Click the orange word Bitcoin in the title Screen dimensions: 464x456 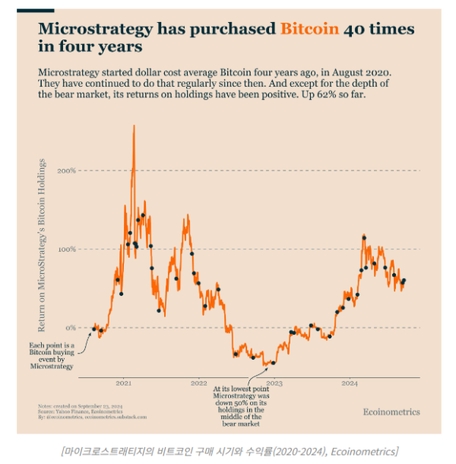(309, 30)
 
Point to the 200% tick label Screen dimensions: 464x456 (67, 170)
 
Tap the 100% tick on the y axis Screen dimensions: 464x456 (67, 249)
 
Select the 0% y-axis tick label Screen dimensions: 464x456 (70, 328)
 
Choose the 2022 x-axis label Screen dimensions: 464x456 (199, 383)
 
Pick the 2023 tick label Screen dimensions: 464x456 (274, 383)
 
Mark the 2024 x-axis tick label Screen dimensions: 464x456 (349, 383)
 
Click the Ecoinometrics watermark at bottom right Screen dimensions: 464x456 (391, 412)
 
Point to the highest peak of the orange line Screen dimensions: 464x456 (134, 126)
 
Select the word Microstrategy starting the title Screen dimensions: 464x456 (92, 30)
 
